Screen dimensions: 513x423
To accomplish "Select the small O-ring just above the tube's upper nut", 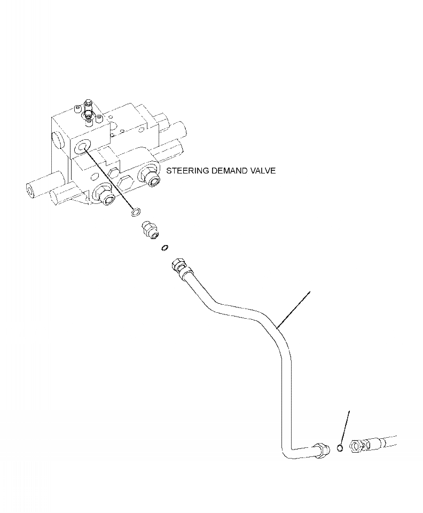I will click(x=165, y=247).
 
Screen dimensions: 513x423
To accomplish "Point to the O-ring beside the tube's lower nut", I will click(x=340, y=448).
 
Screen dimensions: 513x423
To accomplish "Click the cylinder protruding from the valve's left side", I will click(x=38, y=188).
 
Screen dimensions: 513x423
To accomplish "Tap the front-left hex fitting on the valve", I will click(x=103, y=195).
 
